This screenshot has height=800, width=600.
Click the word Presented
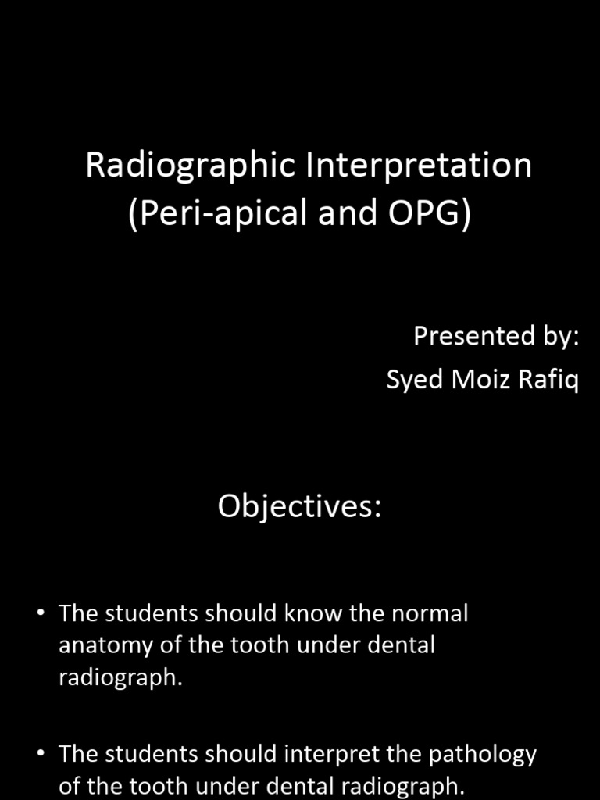468,336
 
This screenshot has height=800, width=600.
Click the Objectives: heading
299,507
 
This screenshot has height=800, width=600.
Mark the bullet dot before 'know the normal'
41,612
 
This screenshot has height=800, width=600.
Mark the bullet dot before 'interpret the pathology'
41,753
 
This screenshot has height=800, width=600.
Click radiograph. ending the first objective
120,678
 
